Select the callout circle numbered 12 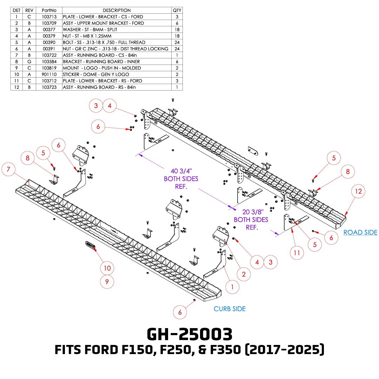[x=358, y=191]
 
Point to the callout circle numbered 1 [x=232, y=287]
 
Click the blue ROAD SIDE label [x=360, y=232]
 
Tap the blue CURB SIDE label [x=230, y=309]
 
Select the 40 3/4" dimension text [x=181, y=172]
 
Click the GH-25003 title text [x=189, y=335]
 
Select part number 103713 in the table [x=49, y=17]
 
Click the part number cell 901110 [x=49, y=74]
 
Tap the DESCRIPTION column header [x=117, y=10]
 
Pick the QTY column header [x=177, y=10]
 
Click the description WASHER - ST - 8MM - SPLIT [x=90, y=29]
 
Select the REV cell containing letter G [x=29, y=61]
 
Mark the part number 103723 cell [x=49, y=87]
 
